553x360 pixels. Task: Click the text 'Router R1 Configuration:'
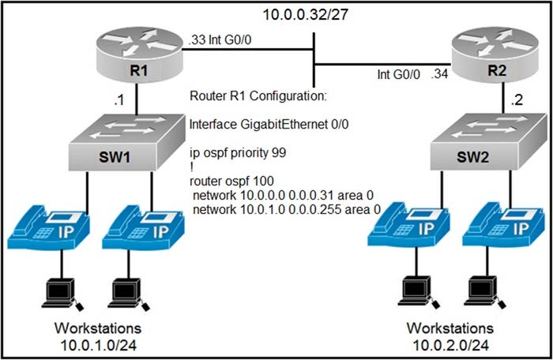[x=258, y=96]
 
